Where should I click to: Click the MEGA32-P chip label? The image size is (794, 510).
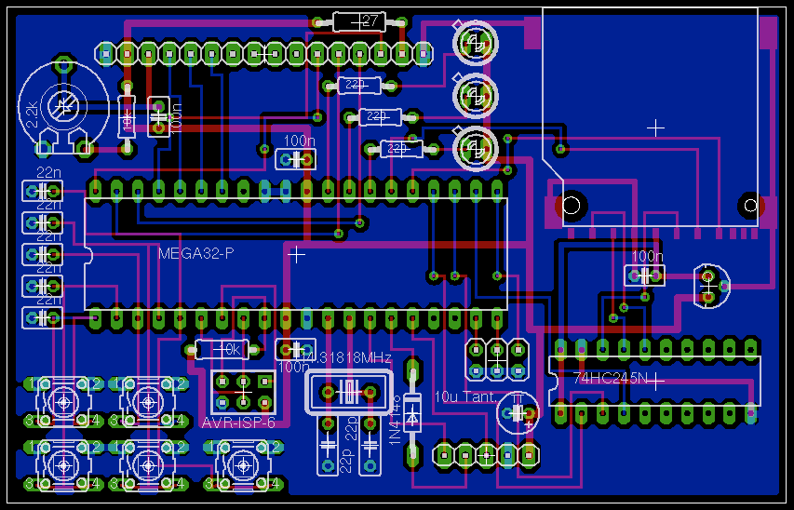coord(195,253)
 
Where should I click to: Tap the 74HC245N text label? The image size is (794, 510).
coord(611,379)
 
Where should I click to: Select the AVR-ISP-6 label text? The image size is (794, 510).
coord(238,423)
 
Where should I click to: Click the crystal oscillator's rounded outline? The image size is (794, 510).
coord(349,392)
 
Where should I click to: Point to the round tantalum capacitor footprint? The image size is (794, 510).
coord(518,411)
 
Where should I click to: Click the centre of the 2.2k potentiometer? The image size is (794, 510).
coord(63,107)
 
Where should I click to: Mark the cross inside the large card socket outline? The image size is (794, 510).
coord(656,127)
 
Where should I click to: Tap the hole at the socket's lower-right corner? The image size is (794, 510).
coord(749,205)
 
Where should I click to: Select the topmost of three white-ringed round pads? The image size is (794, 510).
coord(475,42)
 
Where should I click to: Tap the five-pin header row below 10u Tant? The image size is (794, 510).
coord(485,455)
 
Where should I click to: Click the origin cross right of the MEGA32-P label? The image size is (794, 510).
coord(296,253)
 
